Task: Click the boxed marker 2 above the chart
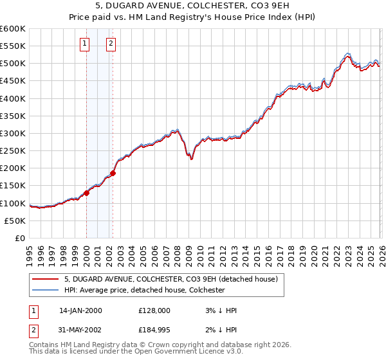click(111, 44)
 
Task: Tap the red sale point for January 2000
click(86, 194)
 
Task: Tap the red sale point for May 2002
click(113, 173)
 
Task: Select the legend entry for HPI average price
click(144, 290)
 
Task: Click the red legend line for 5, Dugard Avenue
click(45, 279)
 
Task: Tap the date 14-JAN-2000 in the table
click(80, 310)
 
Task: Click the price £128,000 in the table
click(154, 310)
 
